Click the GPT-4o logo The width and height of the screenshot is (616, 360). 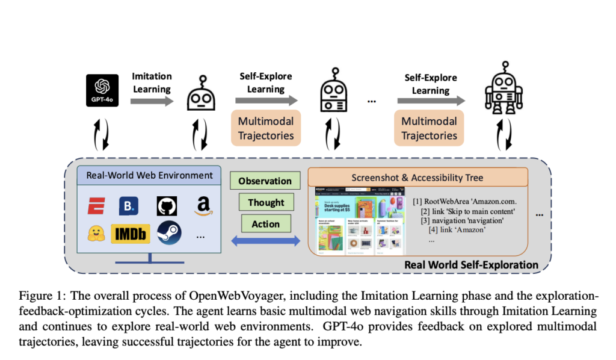(102, 90)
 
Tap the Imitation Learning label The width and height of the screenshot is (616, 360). (152, 82)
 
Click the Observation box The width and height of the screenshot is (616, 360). (265, 181)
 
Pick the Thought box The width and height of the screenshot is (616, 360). (265, 202)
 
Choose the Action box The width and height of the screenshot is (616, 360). (265, 224)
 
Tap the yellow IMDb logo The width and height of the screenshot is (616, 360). (130, 234)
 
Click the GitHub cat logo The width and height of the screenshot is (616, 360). (167, 205)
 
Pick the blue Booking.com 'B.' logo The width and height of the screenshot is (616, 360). (129, 205)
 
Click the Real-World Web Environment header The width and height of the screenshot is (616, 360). (150, 176)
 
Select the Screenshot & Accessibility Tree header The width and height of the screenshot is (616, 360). (417, 177)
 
